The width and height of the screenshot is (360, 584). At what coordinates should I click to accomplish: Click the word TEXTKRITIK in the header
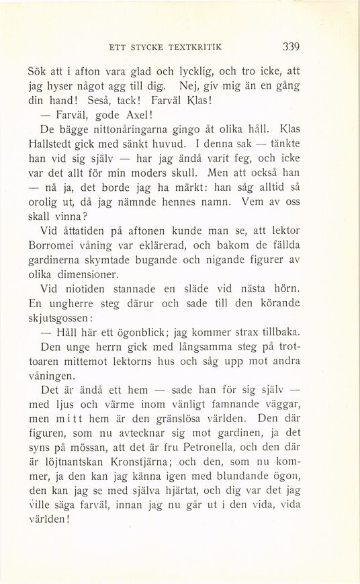[x=191, y=48]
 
